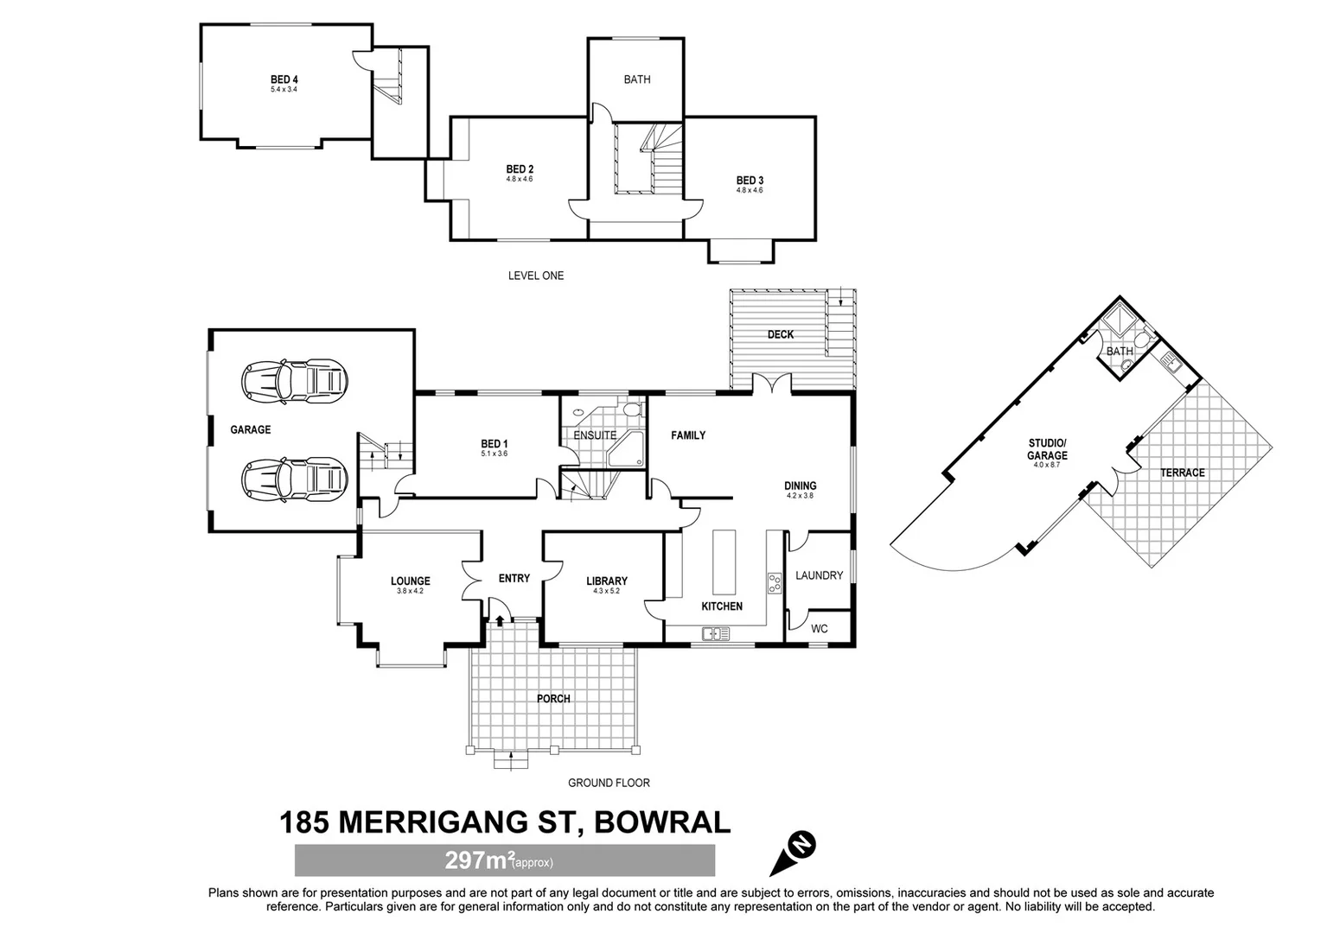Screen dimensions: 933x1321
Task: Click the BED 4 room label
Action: coord(284,79)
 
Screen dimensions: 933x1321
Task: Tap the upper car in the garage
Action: coord(294,381)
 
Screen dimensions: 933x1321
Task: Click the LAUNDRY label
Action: coord(819,575)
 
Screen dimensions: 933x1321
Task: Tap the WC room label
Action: coord(819,629)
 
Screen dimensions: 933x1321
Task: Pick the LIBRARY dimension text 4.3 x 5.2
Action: coord(606,592)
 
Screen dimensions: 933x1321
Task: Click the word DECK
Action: coord(780,334)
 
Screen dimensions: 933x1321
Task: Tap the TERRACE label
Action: coord(1182,473)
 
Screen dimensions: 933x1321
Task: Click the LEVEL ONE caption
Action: coord(535,276)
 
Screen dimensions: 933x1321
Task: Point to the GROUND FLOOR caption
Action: coord(608,783)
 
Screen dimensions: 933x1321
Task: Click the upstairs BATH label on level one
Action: coord(636,79)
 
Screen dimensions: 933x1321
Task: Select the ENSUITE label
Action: coord(595,435)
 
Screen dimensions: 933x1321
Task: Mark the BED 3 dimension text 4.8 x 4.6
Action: coord(749,190)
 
